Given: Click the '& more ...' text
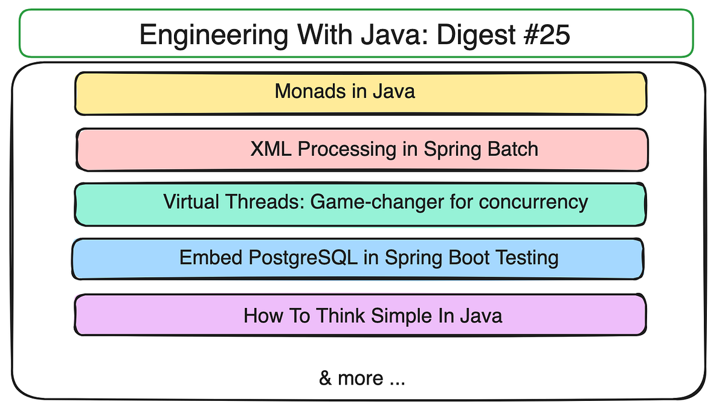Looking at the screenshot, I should [362, 379].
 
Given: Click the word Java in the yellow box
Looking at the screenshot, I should [393, 91].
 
